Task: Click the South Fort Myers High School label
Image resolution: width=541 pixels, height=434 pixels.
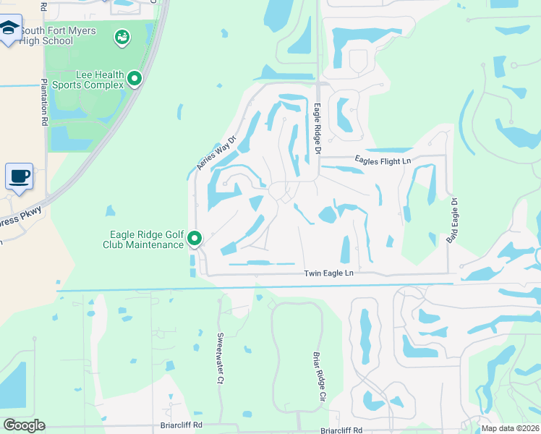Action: (47, 35)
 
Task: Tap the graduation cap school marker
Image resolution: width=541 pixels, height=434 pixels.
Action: (9, 30)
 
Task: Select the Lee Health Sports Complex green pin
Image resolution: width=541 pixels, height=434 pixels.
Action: (135, 78)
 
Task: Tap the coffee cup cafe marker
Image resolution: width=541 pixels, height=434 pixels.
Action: (19, 176)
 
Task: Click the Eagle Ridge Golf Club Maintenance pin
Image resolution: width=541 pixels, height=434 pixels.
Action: (194, 237)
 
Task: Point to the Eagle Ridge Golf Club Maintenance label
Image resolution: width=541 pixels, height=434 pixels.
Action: (146, 239)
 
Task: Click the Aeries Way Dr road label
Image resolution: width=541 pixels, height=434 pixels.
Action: (217, 153)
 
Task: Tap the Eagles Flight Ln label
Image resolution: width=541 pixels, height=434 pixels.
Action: (383, 161)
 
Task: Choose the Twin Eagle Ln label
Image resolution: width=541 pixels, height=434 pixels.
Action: (329, 273)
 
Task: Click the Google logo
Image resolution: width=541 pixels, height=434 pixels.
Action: (24, 425)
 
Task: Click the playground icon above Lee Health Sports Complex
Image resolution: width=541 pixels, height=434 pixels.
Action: (122, 35)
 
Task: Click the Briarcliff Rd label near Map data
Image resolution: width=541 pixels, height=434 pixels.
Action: (342, 430)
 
